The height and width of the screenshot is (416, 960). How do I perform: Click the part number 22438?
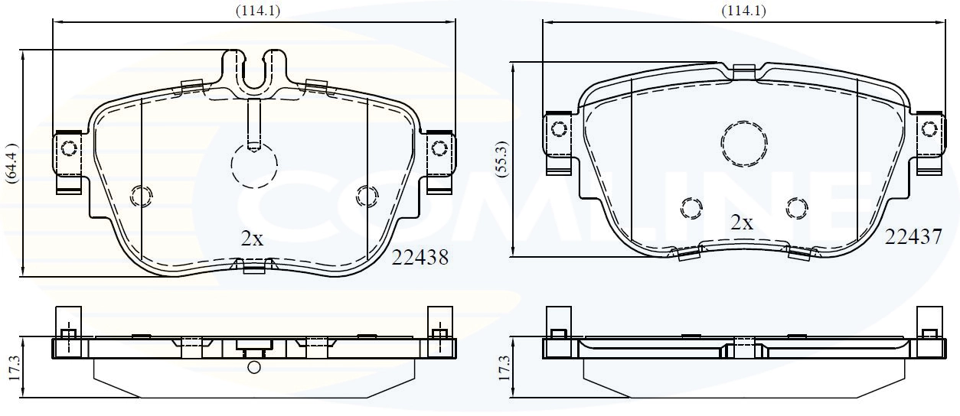tap(420, 258)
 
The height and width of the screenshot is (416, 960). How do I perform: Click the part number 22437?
tap(913, 236)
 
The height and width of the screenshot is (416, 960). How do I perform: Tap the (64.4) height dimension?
tap(12, 163)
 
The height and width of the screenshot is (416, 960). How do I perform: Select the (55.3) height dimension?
tap(502, 159)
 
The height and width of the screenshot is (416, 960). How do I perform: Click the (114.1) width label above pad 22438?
tap(258, 10)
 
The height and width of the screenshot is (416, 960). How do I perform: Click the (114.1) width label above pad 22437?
tap(743, 10)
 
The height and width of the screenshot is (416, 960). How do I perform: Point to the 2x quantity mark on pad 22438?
tap(252, 239)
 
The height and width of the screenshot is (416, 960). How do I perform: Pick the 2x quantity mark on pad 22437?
tap(741, 223)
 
